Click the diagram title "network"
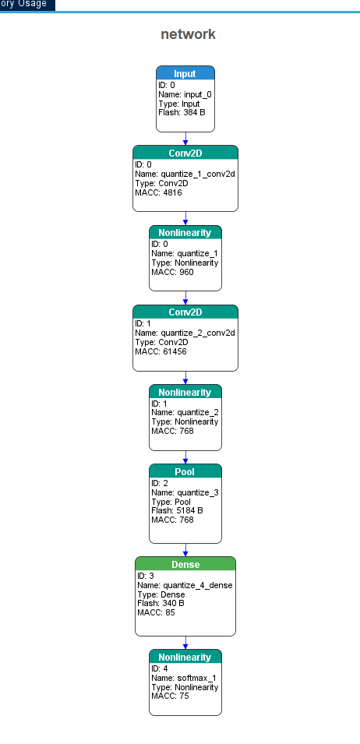click(189, 34)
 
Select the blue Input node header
click(185, 73)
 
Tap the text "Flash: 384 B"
click(182, 112)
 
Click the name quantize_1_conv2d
click(185, 175)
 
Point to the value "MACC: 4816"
click(158, 192)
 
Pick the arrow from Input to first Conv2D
click(185, 139)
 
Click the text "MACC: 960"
click(172, 272)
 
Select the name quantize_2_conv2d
click(185, 333)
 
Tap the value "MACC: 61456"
click(161, 351)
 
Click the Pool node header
click(185, 471)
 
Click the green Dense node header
click(185, 564)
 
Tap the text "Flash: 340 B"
click(161, 603)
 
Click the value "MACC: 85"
click(156, 612)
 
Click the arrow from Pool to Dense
click(185, 550)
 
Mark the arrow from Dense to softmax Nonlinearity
click(185, 643)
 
